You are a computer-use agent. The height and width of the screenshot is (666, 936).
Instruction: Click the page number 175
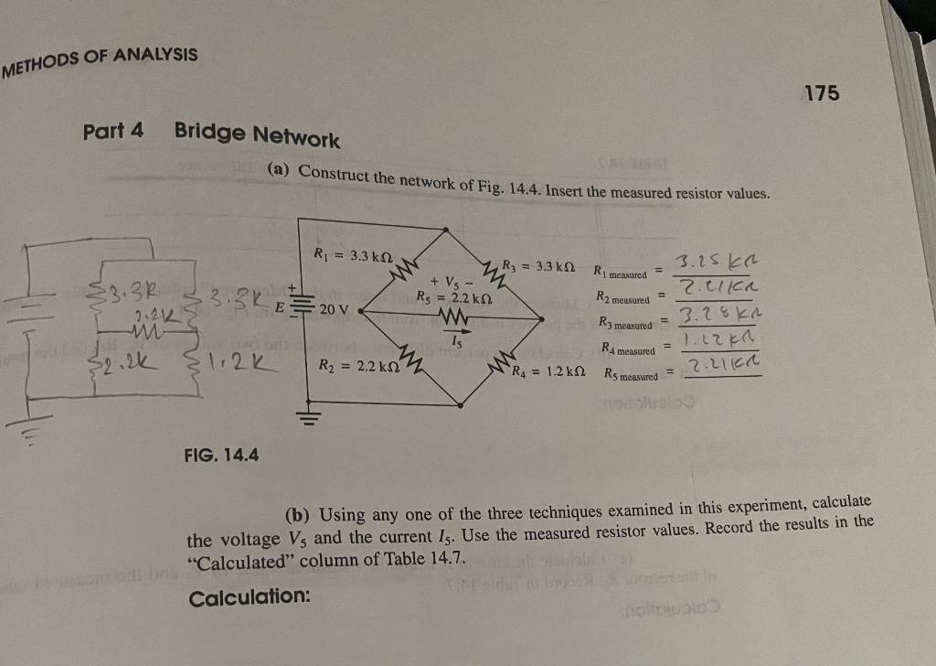pyautogui.click(x=821, y=93)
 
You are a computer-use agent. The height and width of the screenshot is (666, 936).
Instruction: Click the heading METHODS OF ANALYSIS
pyautogui.click(x=100, y=61)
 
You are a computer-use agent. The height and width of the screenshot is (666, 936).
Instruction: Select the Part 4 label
pyautogui.click(x=112, y=130)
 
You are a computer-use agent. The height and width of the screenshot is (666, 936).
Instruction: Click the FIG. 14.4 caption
pyautogui.click(x=221, y=452)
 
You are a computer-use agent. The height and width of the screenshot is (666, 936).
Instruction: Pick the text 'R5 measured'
pyautogui.click(x=631, y=375)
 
